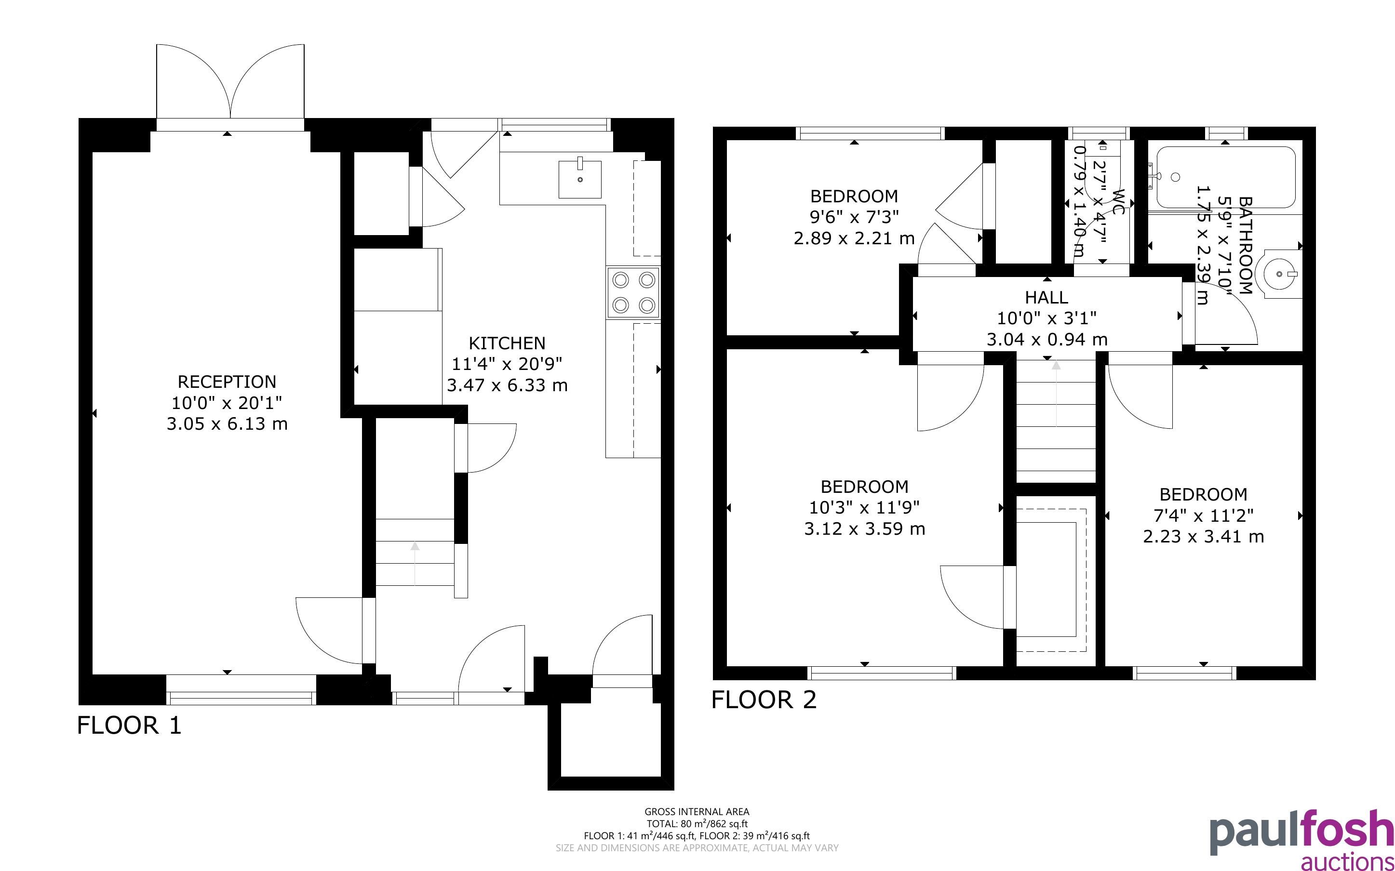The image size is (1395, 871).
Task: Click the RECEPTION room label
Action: coord(227,382)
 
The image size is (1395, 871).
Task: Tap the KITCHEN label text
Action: coord(507,343)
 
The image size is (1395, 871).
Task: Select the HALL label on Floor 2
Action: coord(1046,297)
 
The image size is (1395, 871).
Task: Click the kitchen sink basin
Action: coord(580,179)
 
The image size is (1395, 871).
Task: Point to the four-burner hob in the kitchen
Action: coord(633,292)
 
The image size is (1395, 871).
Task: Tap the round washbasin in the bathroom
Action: coord(1281,275)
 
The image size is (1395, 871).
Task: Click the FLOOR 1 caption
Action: coord(129,725)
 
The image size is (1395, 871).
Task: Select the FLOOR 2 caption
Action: coord(764,700)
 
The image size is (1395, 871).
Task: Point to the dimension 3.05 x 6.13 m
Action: coord(227,424)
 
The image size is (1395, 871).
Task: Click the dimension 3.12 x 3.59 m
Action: coord(864,529)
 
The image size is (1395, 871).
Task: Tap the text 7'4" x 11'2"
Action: coord(1203,515)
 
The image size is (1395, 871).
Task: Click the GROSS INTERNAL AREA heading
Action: coord(697,812)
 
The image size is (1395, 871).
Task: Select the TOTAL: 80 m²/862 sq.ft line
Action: coord(697,824)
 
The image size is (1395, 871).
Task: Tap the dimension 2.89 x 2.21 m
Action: coord(854,238)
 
